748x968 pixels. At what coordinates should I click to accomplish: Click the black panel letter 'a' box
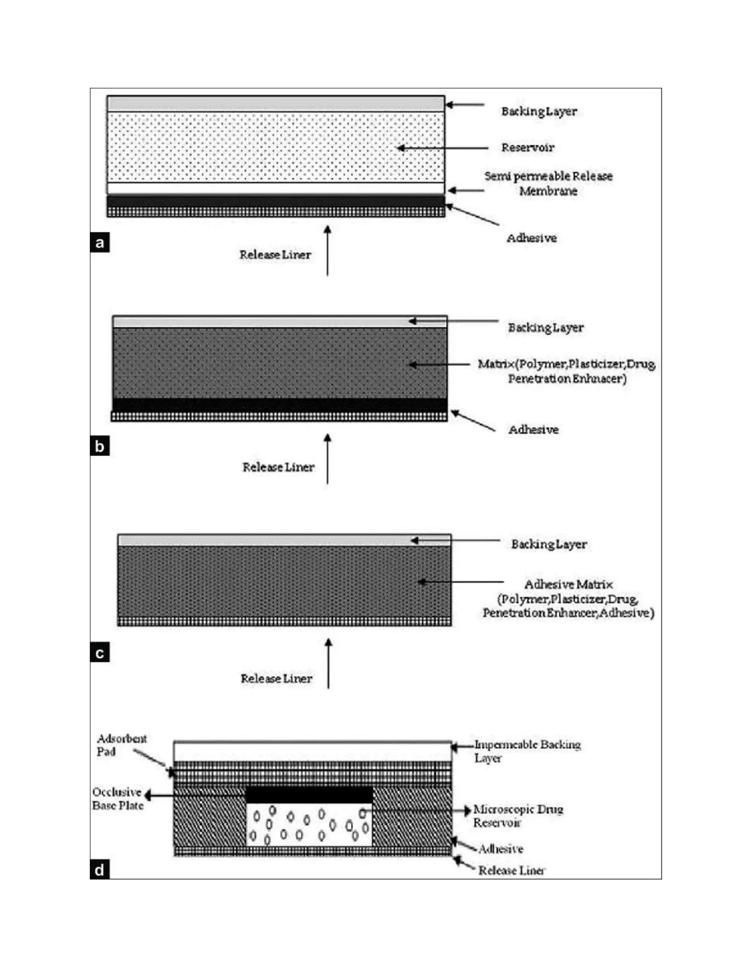(x=100, y=243)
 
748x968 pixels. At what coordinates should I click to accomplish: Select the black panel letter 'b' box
(x=100, y=446)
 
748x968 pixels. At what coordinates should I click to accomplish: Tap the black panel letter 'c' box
(x=100, y=653)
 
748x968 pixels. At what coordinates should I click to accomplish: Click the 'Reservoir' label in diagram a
(x=527, y=148)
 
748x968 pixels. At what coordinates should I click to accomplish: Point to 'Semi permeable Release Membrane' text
(x=548, y=183)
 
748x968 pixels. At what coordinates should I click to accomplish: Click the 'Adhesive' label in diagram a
(x=531, y=238)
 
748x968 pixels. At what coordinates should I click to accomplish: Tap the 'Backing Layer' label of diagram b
(x=546, y=328)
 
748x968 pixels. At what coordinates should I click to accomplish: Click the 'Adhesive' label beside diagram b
(x=533, y=430)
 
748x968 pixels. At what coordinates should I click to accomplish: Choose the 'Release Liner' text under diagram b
(x=278, y=467)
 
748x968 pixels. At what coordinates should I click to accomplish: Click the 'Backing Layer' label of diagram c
(x=549, y=544)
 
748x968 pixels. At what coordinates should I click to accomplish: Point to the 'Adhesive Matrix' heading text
(x=569, y=584)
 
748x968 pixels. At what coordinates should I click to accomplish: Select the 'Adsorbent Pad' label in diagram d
(x=121, y=745)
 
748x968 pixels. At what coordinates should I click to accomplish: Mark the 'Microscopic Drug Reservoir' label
(x=518, y=816)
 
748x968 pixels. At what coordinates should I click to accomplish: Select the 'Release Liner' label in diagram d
(x=511, y=870)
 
